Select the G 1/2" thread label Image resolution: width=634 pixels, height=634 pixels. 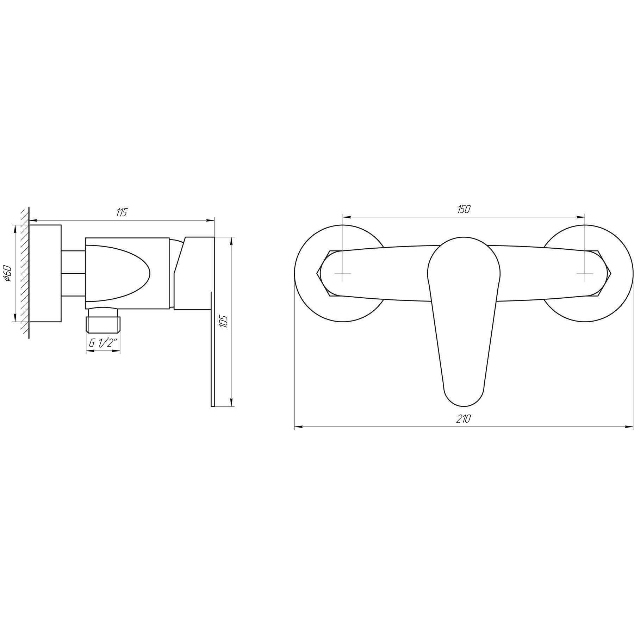[103, 343]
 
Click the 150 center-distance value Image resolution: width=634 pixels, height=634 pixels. [464, 209]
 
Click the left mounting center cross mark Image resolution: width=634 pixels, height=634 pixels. [343, 273]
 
